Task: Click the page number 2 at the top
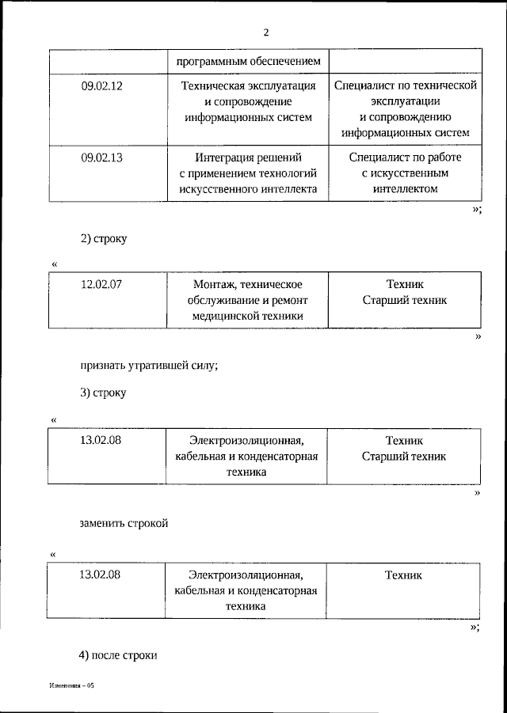coord(266,32)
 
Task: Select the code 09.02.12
coord(101,85)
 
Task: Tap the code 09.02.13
coord(101,157)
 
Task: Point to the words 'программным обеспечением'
coord(248,60)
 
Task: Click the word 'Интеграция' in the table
coord(223,157)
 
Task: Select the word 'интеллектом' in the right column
coord(404,189)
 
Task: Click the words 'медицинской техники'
coord(248,316)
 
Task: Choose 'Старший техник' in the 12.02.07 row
coord(404,300)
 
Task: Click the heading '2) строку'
coord(103,237)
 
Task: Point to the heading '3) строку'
coord(103,392)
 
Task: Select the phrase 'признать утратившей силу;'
coord(148,366)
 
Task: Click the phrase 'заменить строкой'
coord(124,523)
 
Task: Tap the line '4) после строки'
coord(119,655)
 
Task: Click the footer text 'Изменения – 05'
coord(71,686)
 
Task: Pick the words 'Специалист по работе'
coord(404,157)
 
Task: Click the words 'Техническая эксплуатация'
coord(248,85)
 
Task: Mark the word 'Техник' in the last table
coord(404,575)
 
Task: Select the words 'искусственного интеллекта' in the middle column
coord(248,189)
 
